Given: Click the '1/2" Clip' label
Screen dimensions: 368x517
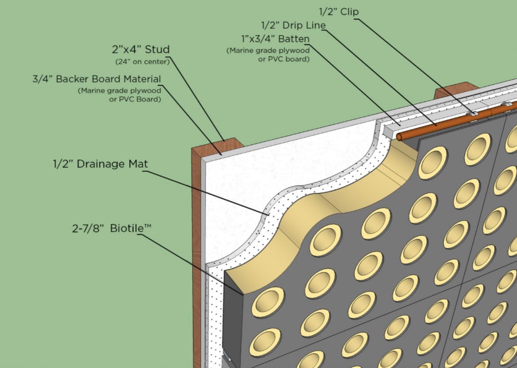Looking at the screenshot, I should point(339,11).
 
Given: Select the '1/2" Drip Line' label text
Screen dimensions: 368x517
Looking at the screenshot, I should point(293,25).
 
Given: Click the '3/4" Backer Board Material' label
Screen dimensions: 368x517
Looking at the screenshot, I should point(96,79).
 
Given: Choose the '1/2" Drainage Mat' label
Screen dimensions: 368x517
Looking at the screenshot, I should point(101,165).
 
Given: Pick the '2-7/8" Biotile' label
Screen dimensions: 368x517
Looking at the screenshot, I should point(111,229).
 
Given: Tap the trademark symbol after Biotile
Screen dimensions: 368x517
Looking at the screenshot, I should point(148,226).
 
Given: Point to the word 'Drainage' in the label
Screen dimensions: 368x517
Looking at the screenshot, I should point(104,165).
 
